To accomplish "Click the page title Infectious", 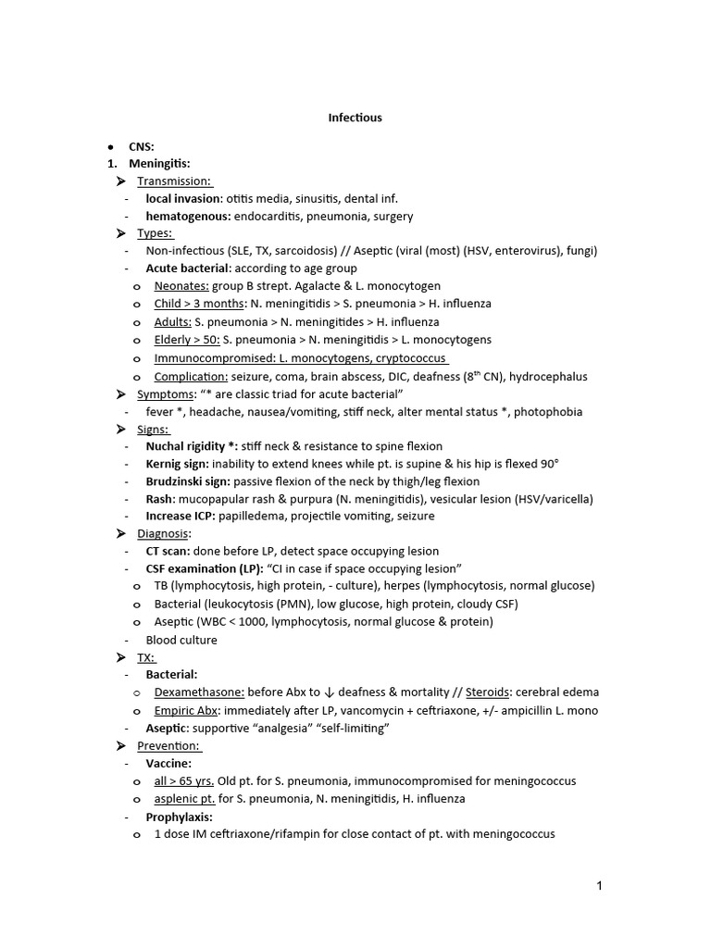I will click(x=355, y=118).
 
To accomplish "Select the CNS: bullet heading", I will click(x=142, y=146).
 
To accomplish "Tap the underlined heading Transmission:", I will click(x=174, y=181).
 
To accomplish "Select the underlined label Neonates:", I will click(x=181, y=286).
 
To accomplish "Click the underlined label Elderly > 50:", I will click(x=187, y=340).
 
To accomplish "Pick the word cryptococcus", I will click(x=409, y=358).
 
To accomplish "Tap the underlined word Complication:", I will click(x=192, y=377).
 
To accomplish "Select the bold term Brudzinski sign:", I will click(x=188, y=481).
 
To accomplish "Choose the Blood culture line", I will click(x=181, y=640).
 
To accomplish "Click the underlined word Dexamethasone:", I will click(x=199, y=692).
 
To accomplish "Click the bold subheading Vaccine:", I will click(x=168, y=764).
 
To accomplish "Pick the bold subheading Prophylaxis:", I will click(x=179, y=817).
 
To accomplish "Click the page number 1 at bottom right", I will click(x=600, y=886).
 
